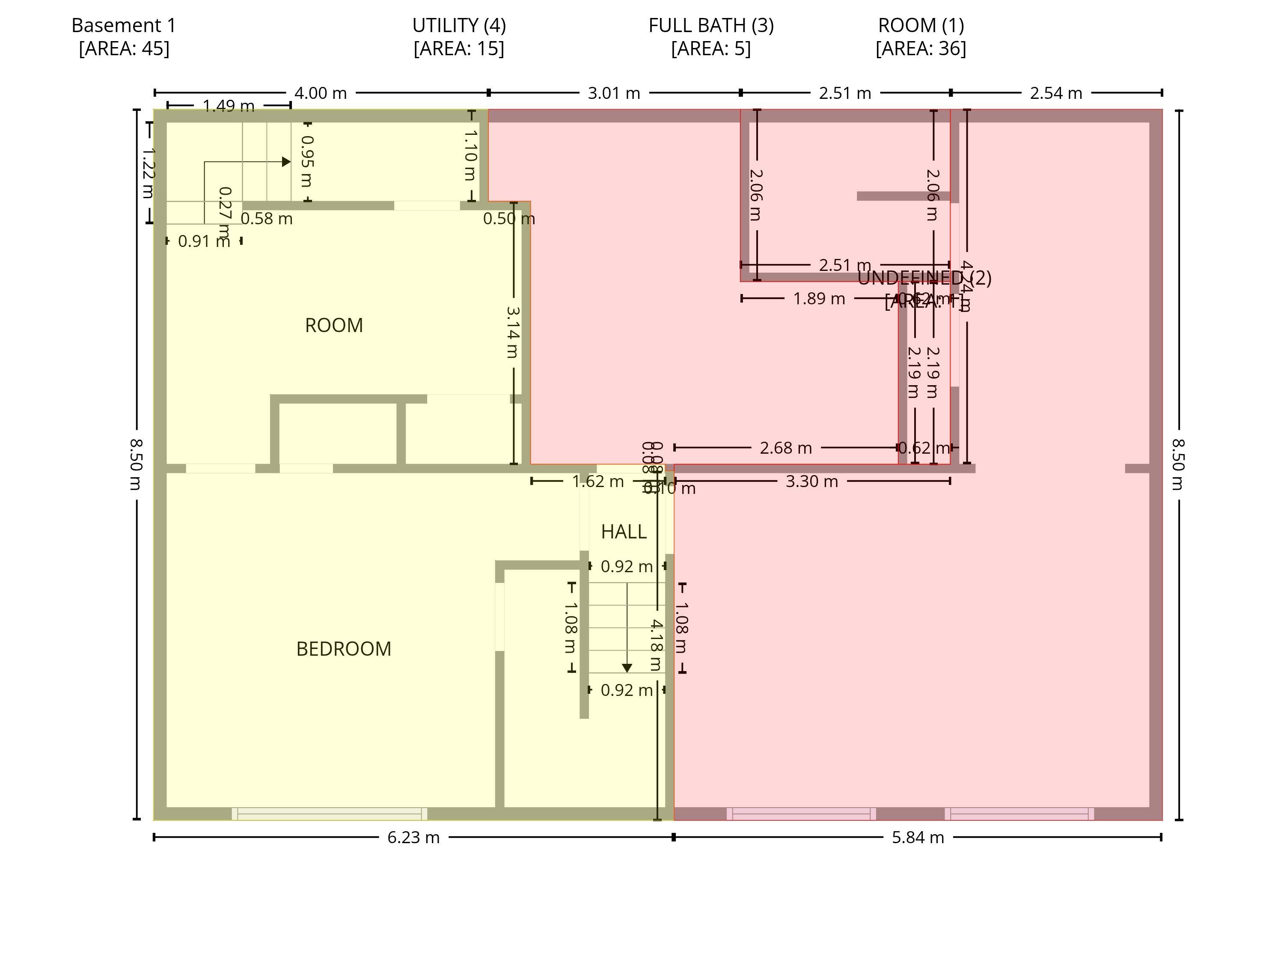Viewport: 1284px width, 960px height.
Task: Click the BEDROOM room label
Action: [344, 649]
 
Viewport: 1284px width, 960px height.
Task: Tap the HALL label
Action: [624, 532]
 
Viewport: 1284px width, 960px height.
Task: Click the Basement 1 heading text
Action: [124, 26]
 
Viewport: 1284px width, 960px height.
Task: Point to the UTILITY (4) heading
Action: [458, 26]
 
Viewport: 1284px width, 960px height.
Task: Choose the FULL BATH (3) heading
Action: [710, 26]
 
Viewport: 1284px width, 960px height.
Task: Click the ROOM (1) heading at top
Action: [921, 26]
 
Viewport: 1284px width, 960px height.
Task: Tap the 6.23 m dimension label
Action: [413, 838]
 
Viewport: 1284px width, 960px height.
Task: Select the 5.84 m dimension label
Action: [918, 838]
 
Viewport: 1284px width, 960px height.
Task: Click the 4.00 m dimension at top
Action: [321, 93]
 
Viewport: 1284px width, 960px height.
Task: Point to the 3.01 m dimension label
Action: [614, 93]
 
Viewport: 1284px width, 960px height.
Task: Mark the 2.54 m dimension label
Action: [1055, 93]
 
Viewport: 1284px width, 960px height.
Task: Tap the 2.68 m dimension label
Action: [785, 448]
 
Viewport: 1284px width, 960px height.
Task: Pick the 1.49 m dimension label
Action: [229, 106]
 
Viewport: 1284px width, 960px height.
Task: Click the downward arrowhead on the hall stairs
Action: [627, 669]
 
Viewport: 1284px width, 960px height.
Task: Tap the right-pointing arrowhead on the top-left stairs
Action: [286, 161]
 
